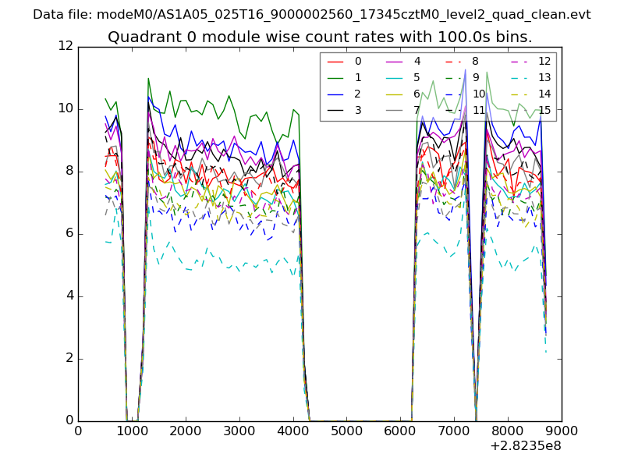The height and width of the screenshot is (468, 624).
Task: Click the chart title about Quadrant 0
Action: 320,37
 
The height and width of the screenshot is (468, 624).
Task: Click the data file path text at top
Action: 312,14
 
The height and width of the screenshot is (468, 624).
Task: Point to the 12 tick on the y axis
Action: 65,46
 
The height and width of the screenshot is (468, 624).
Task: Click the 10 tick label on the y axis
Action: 65,108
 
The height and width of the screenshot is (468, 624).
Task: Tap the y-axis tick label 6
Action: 69,233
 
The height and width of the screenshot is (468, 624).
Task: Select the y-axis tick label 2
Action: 69,358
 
